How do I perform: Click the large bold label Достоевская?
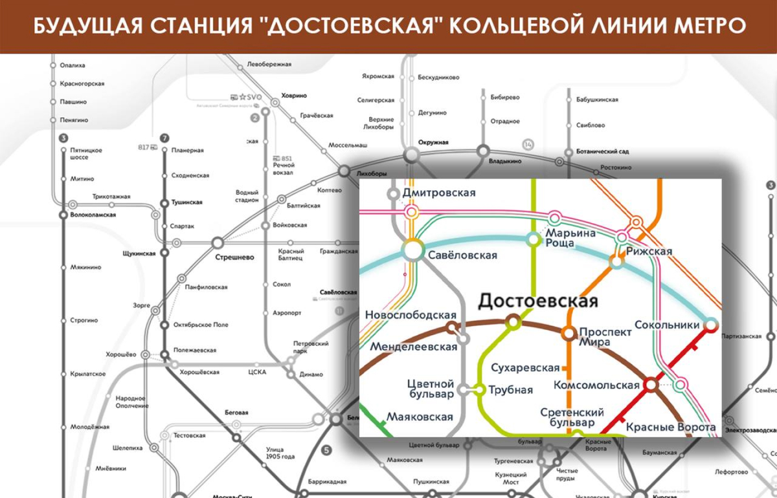(x=537, y=301)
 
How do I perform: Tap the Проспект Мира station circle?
(x=569, y=334)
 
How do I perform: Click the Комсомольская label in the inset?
(x=596, y=385)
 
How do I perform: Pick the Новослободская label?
(x=411, y=315)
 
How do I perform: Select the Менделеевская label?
(x=413, y=347)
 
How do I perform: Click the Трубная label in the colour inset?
(x=511, y=390)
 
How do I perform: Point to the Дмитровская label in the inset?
(x=439, y=193)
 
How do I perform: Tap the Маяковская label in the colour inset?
(x=420, y=417)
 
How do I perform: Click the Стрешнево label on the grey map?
(x=234, y=257)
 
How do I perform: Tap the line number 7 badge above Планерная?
(x=164, y=138)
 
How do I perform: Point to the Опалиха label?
(x=72, y=65)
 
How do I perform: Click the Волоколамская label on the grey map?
(x=93, y=215)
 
